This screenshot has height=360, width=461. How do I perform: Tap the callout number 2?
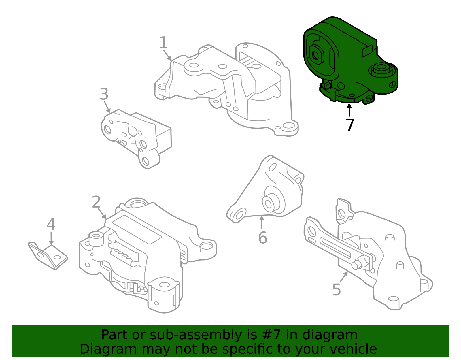click(96, 202)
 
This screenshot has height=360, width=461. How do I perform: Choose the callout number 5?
click(336, 290)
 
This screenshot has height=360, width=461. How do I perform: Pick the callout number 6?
click(262, 238)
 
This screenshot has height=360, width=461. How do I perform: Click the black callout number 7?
click(350, 125)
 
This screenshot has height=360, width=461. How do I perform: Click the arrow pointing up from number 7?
click(349, 110)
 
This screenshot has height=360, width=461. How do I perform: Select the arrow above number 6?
click(262, 222)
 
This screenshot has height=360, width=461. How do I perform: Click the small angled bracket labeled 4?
click(48, 256)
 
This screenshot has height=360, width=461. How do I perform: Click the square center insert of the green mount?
click(316, 54)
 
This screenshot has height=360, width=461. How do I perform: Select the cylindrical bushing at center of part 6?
click(269, 202)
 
